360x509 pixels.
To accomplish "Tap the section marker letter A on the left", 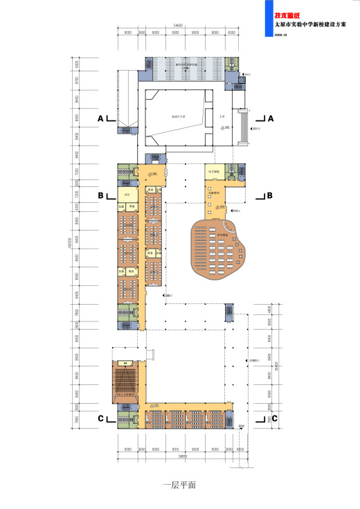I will pos(100,119).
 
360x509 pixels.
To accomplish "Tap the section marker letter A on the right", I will pos(271,119).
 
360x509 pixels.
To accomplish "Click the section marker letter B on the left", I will pos(100,196).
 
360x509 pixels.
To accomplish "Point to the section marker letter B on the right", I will pos(269,196).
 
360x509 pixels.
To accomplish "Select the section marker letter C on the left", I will pos(100,418).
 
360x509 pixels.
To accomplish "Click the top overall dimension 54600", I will pos(178,26).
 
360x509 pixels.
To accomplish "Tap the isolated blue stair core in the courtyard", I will pos(229,314).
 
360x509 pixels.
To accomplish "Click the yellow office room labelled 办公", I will pos(127,196).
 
